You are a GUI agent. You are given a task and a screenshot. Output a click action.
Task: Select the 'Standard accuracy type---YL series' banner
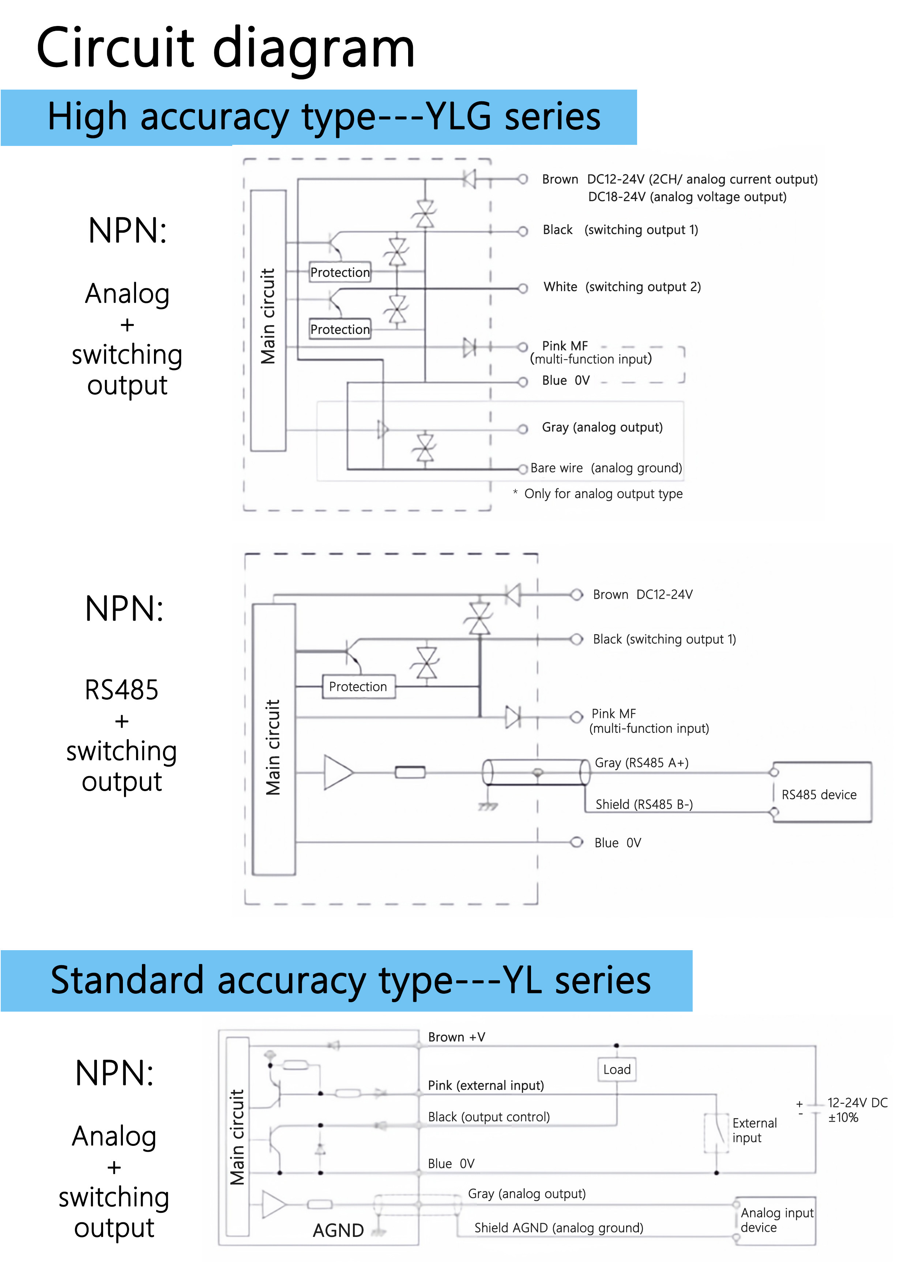point(350,981)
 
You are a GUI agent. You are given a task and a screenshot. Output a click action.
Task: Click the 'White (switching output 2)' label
point(621,287)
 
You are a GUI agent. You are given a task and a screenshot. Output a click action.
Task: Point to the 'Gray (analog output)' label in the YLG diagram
point(602,428)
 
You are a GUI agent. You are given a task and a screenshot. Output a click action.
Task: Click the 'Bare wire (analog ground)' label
point(606,468)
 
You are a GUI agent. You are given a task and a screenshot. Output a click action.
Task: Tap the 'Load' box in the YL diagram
point(616,1069)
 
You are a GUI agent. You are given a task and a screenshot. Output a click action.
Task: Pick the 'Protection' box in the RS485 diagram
point(358,687)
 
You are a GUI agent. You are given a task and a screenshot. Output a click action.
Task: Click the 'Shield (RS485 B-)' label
point(644,805)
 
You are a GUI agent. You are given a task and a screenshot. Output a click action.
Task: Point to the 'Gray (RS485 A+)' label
point(641,763)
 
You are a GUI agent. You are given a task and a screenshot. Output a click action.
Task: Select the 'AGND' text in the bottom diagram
point(338,1230)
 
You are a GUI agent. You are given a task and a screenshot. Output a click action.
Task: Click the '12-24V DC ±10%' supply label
point(856,1110)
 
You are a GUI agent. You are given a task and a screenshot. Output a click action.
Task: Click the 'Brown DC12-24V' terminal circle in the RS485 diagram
point(576,595)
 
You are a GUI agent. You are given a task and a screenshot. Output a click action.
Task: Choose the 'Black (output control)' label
point(489,1117)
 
